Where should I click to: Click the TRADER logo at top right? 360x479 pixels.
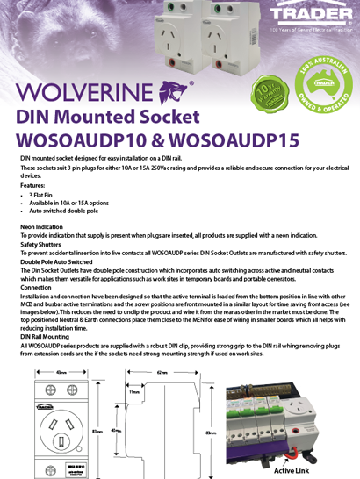click(x=312, y=15)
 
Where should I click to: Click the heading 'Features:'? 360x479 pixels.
click(x=32, y=186)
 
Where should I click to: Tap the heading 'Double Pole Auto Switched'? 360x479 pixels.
click(x=56, y=261)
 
